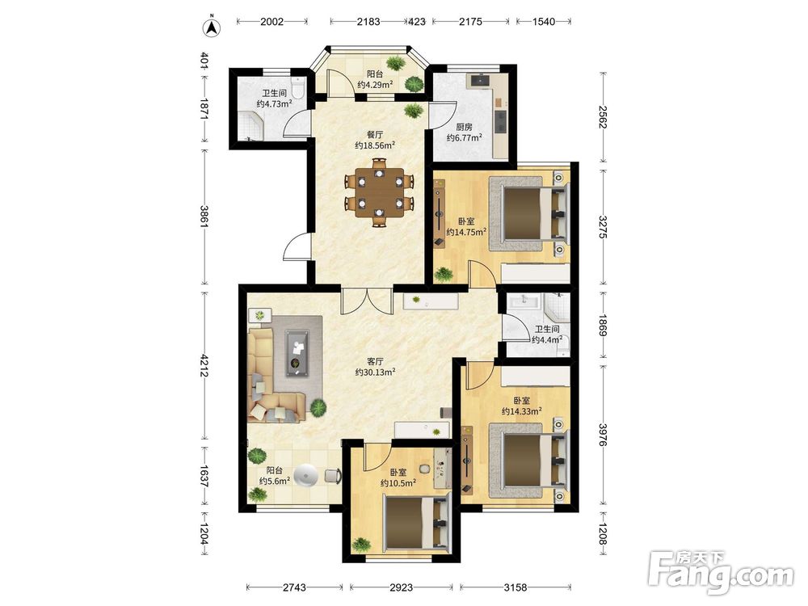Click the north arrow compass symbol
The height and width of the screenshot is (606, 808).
pyautogui.click(x=211, y=27)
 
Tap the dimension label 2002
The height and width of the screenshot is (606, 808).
pyautogui.click(x=272, y=22)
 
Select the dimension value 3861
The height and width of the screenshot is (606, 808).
pyautogui.click(x=204, y=217)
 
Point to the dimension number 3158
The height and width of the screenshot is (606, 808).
pyautogui.click(x=516, y=587)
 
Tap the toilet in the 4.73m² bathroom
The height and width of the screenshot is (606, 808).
pyautogui.click(x=298, y=87)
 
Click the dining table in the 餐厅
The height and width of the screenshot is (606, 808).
pyautogui.click(x=379, y=192)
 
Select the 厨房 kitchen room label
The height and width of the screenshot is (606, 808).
pyautogui.click(x=465, y=127)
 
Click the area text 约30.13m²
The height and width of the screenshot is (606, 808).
pyautogui.click(x=375, y=372)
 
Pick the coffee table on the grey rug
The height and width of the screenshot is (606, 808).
pyautogui.click(x=297, y=354)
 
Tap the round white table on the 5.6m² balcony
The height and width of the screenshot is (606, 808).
pyautogui.click(x=307, y=475)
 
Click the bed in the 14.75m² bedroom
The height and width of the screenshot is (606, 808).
pyautogui.click(x=529, y=214)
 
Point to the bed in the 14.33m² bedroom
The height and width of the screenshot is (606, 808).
pyautogui.click(x=529, y=461)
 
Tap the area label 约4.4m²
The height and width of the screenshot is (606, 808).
pyautogui.click(x=547, y=340)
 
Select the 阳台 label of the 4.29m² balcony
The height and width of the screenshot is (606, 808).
pyautogui.click(x=375, y=74)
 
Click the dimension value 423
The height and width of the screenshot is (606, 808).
pyautogui.click(x=418, y=22)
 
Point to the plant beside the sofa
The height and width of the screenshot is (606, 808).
pyautogui.click(x=318, y=409)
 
